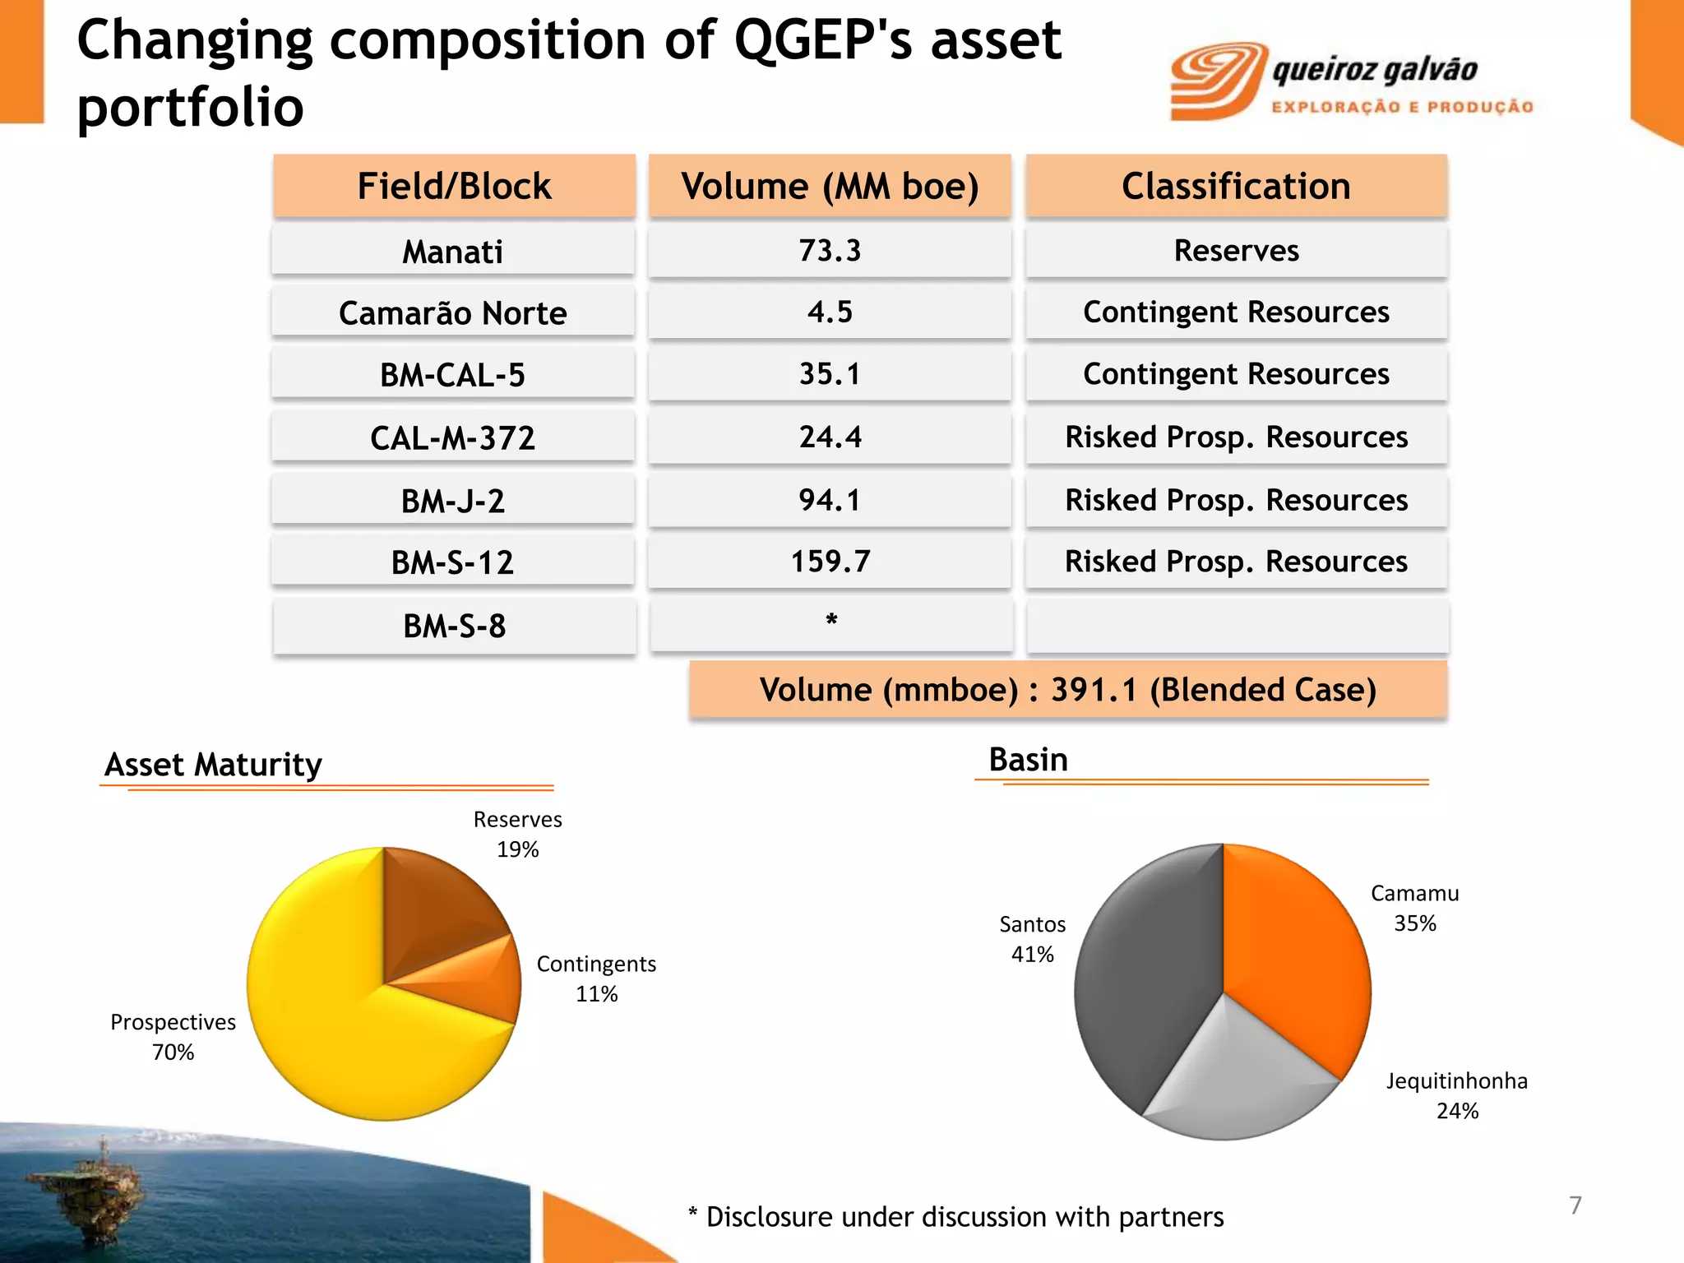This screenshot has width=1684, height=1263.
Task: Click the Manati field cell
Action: point(453,252)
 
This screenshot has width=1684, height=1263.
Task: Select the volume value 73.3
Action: point(830,251)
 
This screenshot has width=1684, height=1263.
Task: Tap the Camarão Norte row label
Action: point(453,313)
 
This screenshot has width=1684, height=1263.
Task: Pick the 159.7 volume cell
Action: point(830,562)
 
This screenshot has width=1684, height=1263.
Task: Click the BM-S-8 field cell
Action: point(454,626)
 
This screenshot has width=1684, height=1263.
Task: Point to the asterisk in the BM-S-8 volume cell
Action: point(831,621)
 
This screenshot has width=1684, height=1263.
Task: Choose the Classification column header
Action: point(1236,186)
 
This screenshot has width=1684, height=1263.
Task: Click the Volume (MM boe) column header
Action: point(830,186)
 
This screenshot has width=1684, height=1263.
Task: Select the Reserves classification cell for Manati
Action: point(1236,251)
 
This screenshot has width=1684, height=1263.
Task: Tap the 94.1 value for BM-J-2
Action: point(830,500)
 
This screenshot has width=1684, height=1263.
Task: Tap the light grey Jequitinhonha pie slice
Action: point(1233,1077)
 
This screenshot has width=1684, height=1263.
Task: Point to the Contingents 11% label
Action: point(596,978)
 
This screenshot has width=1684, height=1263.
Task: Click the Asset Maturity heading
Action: point(213,765)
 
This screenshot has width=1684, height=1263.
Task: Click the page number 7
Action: point(1575,1205)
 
